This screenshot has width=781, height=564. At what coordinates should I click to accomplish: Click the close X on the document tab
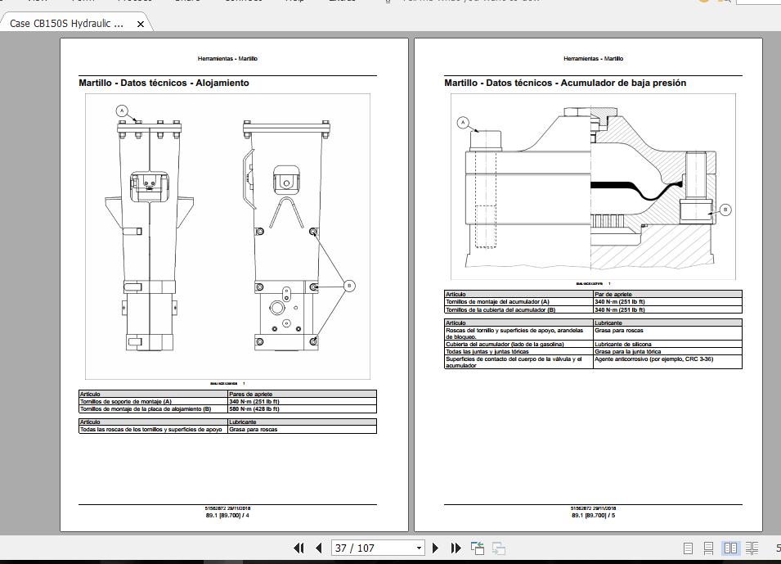point(140,24)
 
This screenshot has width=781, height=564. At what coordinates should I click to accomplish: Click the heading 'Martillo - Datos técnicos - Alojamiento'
point(164,83)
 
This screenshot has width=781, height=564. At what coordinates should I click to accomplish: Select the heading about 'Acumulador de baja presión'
point(565,83)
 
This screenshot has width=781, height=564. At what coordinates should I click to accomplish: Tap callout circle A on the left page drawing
point(122,111)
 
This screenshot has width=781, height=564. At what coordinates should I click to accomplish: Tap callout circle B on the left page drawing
point(349,286)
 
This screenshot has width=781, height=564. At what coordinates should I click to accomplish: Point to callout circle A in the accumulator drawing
point(463,123)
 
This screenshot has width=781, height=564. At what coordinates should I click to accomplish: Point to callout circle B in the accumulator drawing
point(725,210)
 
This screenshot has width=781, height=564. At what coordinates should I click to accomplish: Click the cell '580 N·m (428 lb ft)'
point(254,408)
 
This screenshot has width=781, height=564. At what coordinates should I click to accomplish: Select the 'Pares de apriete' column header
point(249,395)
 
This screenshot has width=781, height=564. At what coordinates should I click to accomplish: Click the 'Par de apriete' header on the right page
point(613,294)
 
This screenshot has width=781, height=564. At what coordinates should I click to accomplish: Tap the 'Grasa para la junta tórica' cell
point(628,352)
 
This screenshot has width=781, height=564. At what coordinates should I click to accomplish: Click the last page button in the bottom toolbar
point(456,548)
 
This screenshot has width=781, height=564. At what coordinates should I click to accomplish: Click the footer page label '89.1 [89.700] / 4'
point(227,515)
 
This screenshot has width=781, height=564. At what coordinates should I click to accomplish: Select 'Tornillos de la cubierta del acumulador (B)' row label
point(500,310)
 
